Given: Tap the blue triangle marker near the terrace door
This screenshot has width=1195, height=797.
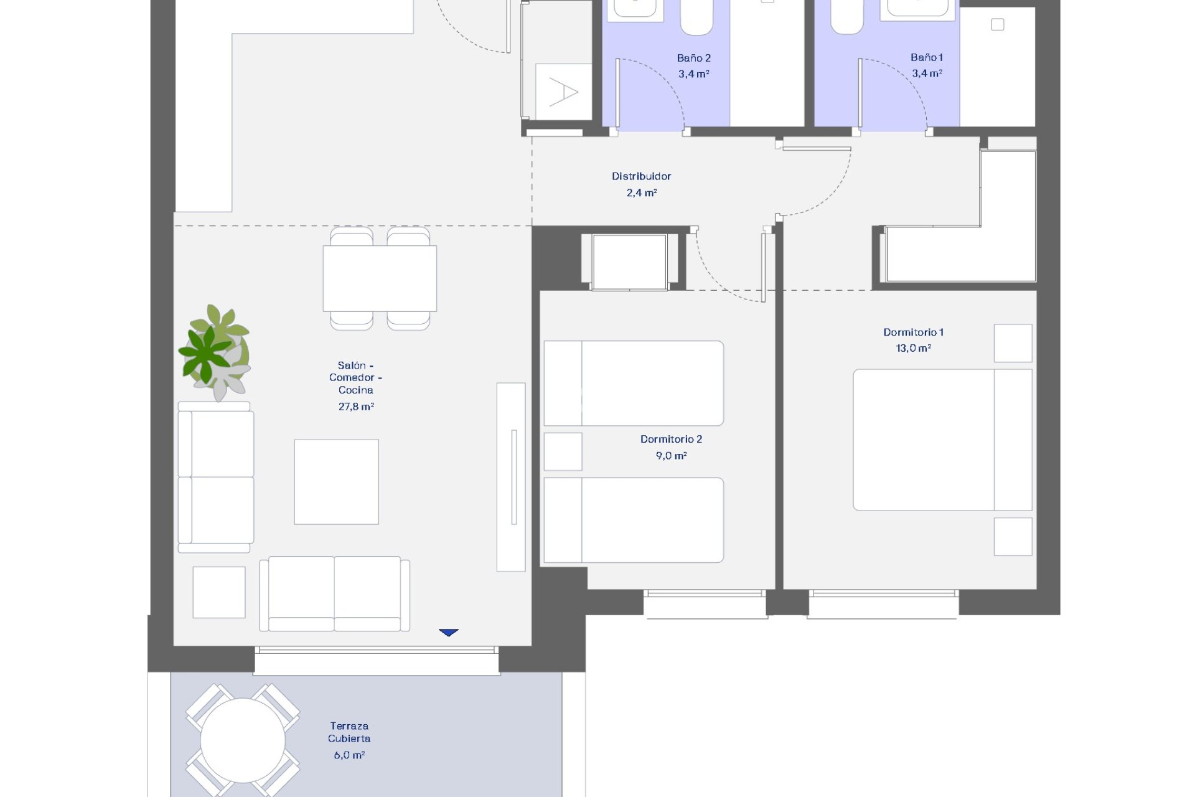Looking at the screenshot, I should point(448,633).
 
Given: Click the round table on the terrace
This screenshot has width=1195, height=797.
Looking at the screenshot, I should point(243,740).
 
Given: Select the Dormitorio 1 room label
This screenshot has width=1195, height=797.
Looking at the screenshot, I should point(913,332).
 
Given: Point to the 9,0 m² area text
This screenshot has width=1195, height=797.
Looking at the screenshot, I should point(671,456).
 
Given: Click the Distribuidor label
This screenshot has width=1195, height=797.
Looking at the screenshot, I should point(641,176).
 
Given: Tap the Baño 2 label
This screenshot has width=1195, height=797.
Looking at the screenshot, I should point(693,58).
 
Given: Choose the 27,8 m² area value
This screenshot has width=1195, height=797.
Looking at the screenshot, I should point(356,407).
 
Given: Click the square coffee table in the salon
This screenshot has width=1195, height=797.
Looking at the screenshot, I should point(336,482).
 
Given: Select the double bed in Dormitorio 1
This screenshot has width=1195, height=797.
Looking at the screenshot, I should point(941,440).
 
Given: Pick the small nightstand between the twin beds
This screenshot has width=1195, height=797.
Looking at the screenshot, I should point(563,451).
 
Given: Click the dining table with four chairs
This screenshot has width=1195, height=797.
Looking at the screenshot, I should point(380,278).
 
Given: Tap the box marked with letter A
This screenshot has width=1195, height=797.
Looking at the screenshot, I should point(563,92).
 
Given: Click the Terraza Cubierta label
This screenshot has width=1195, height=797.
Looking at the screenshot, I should point(349,732).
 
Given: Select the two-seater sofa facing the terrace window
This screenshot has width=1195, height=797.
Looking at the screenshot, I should point(334,593).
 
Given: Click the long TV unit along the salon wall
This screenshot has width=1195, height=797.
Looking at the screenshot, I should point(511,477).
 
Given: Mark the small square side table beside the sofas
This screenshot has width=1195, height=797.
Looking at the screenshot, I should point(219,592).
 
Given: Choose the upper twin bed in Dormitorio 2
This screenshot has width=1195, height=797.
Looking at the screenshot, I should point(634,383).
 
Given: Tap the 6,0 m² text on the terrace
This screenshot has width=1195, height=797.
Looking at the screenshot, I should point(349,755).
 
